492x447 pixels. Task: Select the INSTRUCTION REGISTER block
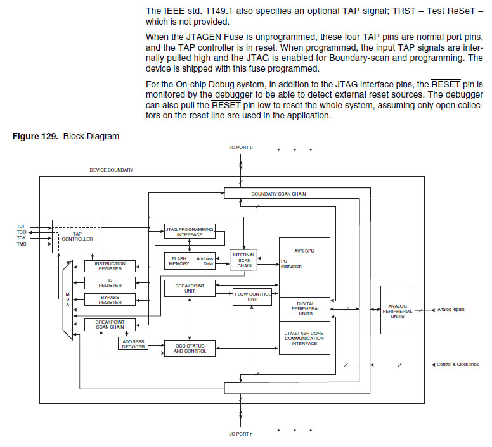pyautogui.click(x=110, y=266)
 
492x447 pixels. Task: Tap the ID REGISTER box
pyautogui.click(x=110, y=282)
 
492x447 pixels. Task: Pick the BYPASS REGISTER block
pyautogui.click(x=110, y=299)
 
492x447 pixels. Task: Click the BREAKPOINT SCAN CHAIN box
pyautogui.click(x=110, y=325)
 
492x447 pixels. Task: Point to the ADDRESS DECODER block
pyautogui.click(x=132, y=343)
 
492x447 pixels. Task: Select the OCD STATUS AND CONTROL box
pyautogui.click(x=190, y=348)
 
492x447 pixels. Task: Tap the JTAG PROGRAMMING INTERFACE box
pyautogui.click(x=189, y=231)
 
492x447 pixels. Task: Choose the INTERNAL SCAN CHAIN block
pyautogui.click(x=243, y=260)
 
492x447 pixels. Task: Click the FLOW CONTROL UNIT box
pyautogui.click(x=252, y=296)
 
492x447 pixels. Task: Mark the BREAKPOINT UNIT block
pyautogui.click(x=190, y=288)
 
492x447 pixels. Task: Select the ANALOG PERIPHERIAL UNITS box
pyautogui.click(x=398, y=310)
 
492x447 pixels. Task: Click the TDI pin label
pyautogui.click(x=20, y=226)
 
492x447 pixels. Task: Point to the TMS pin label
pyautogui.click(x=22, y=244)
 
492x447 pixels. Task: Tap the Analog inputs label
pyautogui.click(x=450, y=310)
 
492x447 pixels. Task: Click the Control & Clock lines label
pyautogui.click(x=457, y=365)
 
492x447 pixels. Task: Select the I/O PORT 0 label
pyautogui.click(x=240, y=147)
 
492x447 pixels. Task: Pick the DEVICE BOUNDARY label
pyautogui.click(x=112, y=170)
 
